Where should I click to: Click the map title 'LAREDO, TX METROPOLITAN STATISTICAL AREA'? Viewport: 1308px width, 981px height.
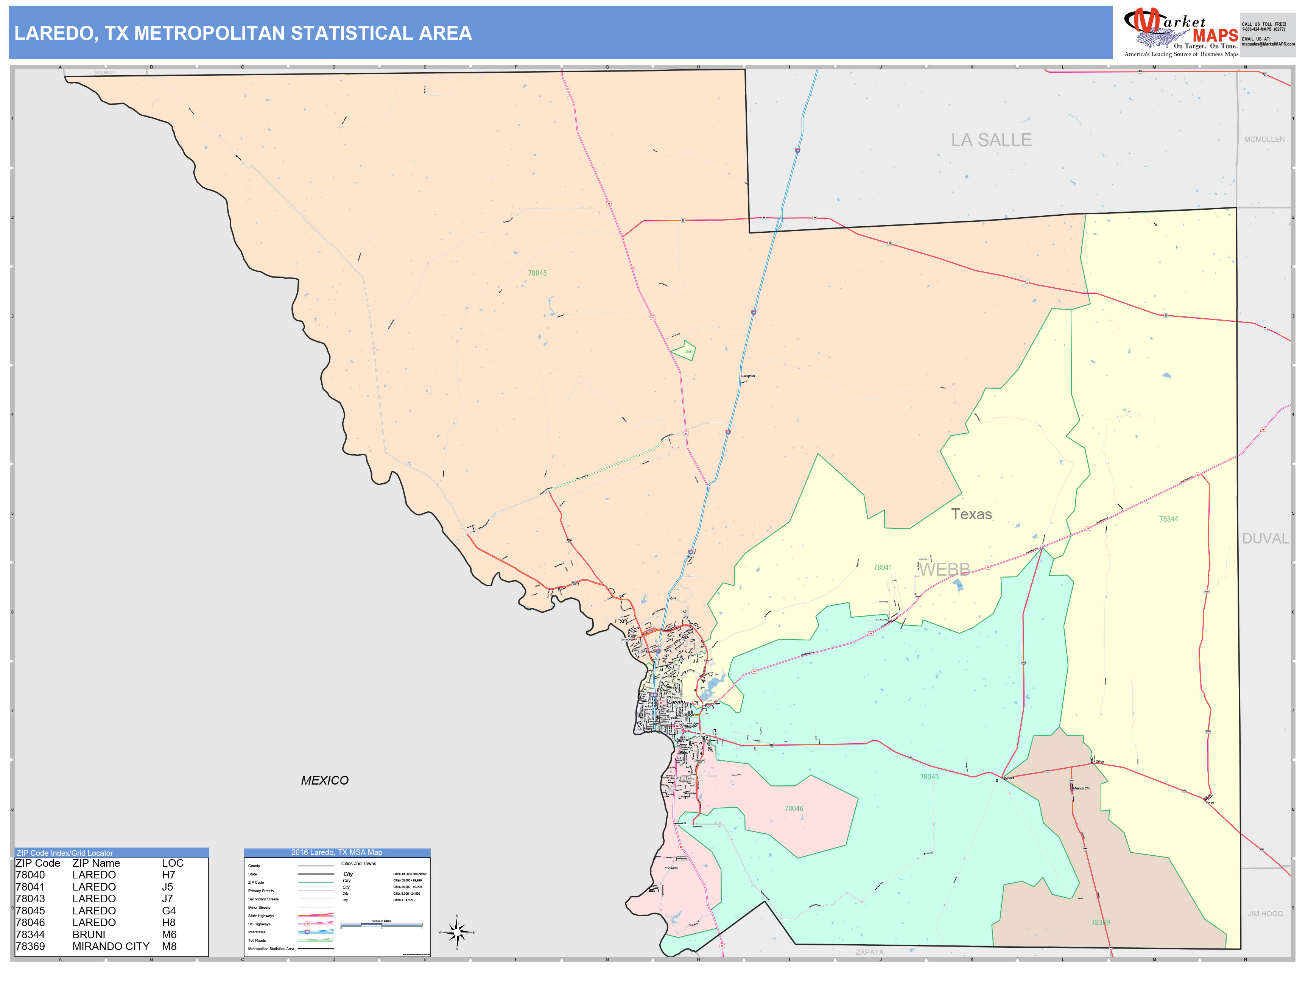tap(243, 33)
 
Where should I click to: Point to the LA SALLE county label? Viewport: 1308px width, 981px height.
tap(991, 140)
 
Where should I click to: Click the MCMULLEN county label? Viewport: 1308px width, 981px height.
tap(1264, 140)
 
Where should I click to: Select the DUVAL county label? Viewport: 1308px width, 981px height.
tap(1265, 539)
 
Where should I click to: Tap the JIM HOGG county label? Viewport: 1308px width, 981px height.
tap(1265, 914)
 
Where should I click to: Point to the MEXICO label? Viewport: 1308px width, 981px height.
tap(325, 780)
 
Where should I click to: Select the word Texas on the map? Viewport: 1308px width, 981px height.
tap(972, 514)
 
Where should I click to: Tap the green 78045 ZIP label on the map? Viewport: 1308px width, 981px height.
tap(537, 273)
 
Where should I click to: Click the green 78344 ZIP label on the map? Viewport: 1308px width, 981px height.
tap(1168, 519)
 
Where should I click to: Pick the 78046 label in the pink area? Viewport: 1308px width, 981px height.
tap(794, 808)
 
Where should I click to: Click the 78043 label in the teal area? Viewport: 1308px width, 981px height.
tap(929, 777)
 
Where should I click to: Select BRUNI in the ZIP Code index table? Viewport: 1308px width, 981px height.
tap(89, 934)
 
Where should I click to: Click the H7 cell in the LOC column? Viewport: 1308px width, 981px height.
tap(168, 875)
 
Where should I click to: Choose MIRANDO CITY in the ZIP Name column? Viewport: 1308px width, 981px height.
tap(111, 946)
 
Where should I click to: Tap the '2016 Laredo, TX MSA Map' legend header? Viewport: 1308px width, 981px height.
tap(336, 852)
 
